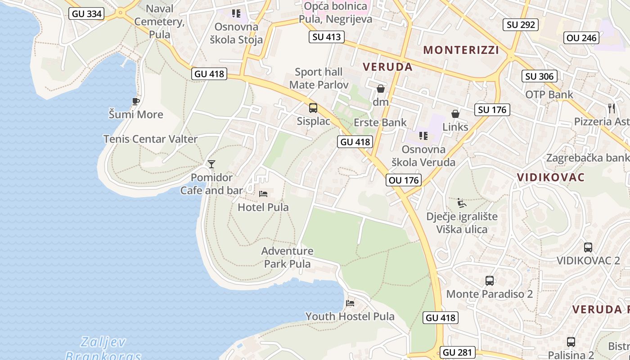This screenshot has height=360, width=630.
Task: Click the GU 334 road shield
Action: point(87,13)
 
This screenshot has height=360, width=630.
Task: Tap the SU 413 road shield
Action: point(327,37)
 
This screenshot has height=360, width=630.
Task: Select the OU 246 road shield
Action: point(582,38)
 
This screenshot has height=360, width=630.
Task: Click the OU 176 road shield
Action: point(403,180)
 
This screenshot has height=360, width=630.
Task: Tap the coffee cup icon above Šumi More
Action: point(136,101)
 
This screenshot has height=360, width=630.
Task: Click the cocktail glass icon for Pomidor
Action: point(211,164)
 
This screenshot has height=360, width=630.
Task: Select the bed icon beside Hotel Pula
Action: point(263,194)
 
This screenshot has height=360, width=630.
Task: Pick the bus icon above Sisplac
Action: point(313,108)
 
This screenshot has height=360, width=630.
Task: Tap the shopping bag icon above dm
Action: point(381,89)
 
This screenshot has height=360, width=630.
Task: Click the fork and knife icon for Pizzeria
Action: point(611,108)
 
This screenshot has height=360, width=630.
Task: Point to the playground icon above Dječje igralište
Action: point(461,203)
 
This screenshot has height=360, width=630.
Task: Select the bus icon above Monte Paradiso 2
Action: point(490,281)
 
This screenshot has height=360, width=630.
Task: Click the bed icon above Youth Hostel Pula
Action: point(350,303)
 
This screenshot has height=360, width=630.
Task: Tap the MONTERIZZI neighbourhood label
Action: point(461,50)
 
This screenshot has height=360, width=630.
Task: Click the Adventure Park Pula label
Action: point(288,257)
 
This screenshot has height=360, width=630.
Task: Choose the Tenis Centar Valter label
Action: point(150,139)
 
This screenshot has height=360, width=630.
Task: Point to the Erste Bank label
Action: point(380,122)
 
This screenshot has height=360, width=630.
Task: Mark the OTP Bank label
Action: point(549,94)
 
